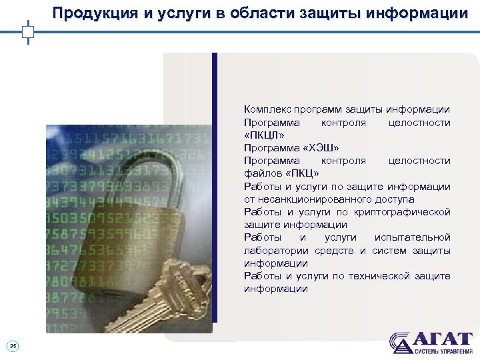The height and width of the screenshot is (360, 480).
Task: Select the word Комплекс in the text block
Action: pos(264,109)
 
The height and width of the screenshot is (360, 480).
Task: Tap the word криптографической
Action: pos(407,212)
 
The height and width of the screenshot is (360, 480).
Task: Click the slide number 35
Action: pos(13,345)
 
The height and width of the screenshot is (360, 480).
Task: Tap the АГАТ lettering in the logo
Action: pos(443,338)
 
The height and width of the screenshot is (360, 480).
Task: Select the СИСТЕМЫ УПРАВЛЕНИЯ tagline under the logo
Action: pos(443,351)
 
